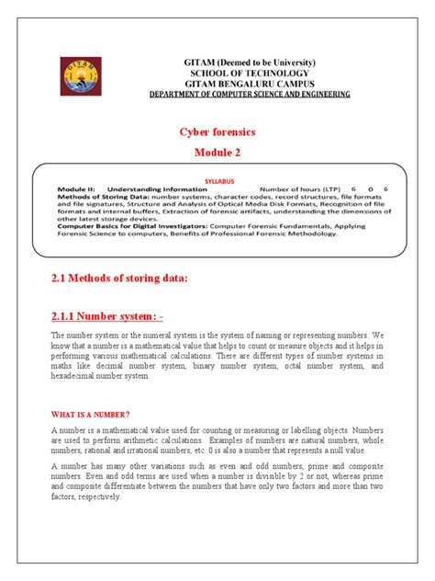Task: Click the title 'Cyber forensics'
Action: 217,131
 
